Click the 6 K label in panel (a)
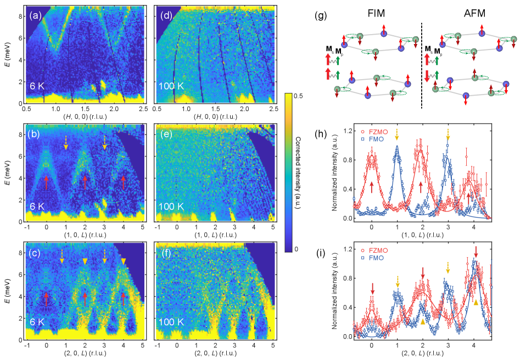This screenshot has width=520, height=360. [38, 86]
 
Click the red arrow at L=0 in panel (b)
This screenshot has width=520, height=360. [47, 182]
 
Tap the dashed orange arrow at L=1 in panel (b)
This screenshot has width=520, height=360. [66, 142]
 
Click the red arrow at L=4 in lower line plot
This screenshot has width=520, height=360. [476, 252]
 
